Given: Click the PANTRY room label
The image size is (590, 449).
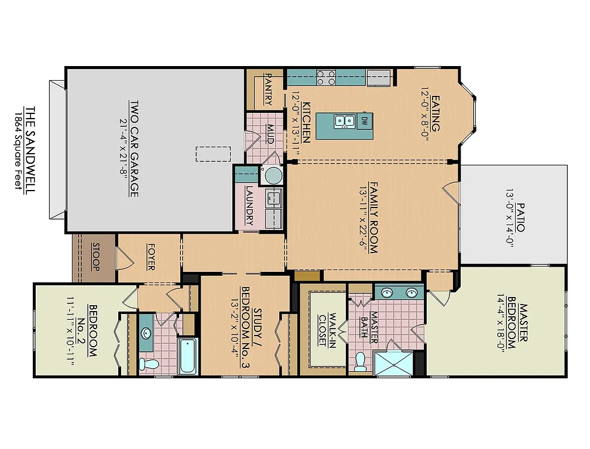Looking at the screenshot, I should tap(269, 89).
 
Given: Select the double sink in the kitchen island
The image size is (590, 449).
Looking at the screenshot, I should tap(345, 122).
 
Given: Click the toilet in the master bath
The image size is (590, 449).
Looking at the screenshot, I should tap(361, 361).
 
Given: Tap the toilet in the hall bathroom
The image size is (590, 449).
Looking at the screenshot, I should tap(152, 364).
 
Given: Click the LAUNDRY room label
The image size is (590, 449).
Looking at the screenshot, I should tap(249, 206).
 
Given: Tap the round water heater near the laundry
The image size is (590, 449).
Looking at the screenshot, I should tap(273, 175).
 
